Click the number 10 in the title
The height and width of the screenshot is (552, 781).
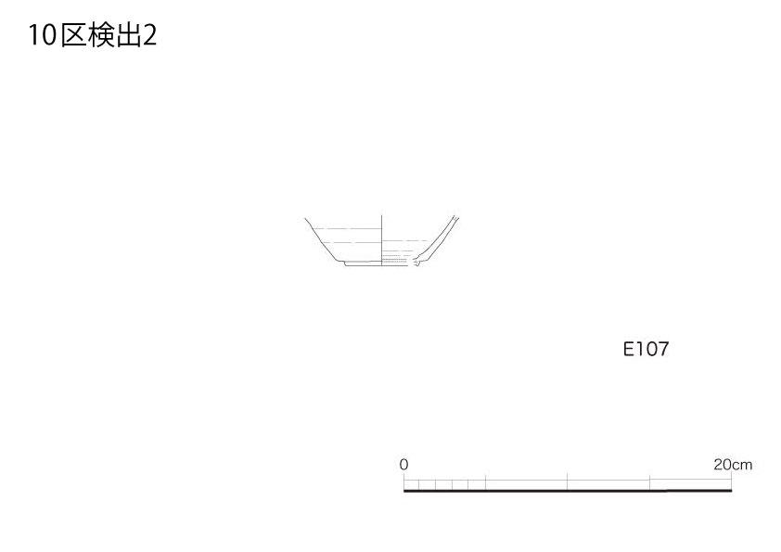pyautogui.click(x=42, y=36)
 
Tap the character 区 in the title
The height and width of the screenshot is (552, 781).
pyautogui.click(x=73, y=36)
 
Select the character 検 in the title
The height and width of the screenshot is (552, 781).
pyautogui.click(x=101, y=36)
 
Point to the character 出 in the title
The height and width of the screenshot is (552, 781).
pyautogui.click(x=129, y=36)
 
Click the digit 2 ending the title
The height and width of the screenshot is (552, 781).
pyautogui.click(x=150, y=36)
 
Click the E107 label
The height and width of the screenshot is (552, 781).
pyautogui.click(x=646, y=349)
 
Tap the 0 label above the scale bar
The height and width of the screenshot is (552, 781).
pyautogui.click(x=403, y=464)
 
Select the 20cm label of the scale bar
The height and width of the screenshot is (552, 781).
pyautogui.click(x=733, y=464)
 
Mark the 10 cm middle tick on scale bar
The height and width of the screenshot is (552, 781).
pyautogui.click(x=568, y=481)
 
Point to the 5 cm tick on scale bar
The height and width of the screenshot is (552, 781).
pyautogui.click(x=486, y=482)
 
